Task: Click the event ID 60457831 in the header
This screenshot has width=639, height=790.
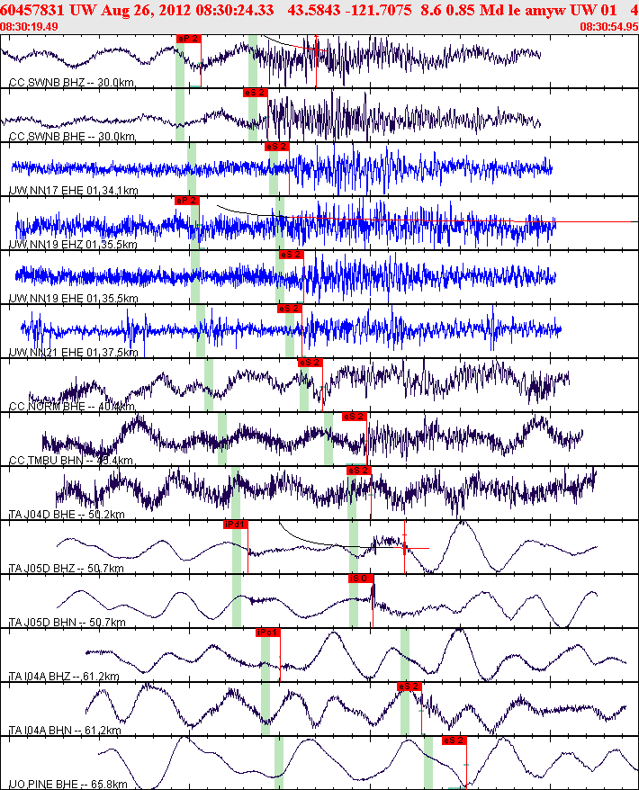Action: (34, 10)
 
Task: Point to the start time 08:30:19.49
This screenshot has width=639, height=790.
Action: (30, 27)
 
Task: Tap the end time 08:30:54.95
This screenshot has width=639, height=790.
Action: (610, 27)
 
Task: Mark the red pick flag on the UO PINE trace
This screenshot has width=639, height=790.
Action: (454, 741)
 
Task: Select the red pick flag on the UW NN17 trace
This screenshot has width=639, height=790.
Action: (277, 147)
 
